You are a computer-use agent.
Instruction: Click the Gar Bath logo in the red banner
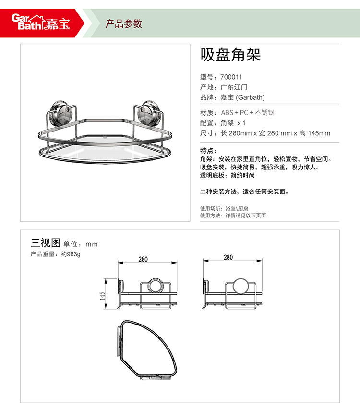pos(41,22)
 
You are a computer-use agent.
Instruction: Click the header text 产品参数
pos(124,24)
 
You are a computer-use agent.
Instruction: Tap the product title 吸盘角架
pos(230,55)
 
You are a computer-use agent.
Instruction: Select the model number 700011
pos(231,77)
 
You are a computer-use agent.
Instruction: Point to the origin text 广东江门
pos(234,87)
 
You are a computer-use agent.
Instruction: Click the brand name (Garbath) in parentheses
pos(250,97)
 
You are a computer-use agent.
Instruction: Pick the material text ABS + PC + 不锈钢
pos(248,113)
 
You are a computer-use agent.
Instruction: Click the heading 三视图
pos(46,243)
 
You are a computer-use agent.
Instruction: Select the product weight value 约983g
pos(71,254)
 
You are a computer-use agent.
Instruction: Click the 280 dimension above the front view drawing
pos(143,259)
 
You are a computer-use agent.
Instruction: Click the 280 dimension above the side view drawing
pos(228,257)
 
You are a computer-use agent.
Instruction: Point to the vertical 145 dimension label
pos(102,296)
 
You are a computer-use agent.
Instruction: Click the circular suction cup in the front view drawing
pos(156,286)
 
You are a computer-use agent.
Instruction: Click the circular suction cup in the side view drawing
pos(240,286)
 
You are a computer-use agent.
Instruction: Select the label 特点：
pos(208,151)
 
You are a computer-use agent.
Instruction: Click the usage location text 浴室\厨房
pos(237,209)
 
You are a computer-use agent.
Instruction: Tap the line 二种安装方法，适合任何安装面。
pos(244,192)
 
